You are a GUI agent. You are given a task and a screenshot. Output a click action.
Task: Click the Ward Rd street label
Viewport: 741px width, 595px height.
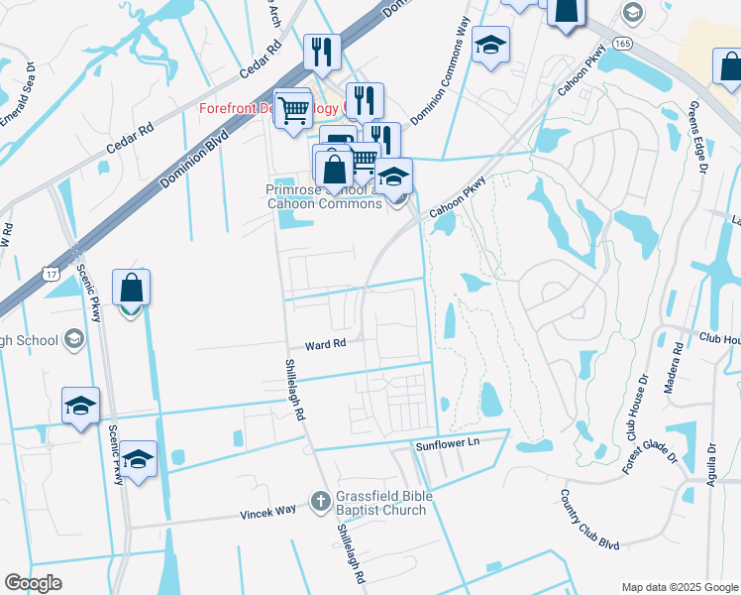(x=325, y=344)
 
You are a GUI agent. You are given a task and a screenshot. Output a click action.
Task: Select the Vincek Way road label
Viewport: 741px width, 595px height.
(x=267, y=513)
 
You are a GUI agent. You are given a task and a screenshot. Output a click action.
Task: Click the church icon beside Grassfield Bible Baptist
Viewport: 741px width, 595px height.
(x=320, y=502)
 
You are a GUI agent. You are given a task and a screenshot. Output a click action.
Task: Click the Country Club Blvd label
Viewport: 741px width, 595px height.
(x=588, y=520)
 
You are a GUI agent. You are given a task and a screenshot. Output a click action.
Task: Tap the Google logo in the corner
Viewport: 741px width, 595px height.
(x=33, y=583)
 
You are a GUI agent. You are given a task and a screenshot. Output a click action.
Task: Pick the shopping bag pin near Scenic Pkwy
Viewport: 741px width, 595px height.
(x=131, y=288)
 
